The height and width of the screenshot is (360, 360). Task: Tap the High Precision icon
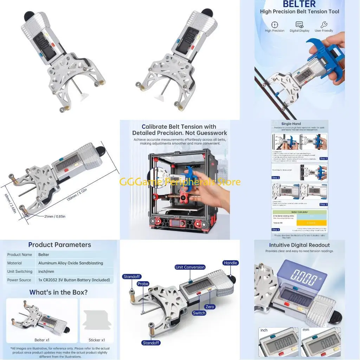275,25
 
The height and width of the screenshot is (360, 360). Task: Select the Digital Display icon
300,25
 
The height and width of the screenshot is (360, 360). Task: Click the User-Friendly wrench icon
324,25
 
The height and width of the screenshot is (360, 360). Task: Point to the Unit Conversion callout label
190,267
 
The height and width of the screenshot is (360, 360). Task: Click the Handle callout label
230,263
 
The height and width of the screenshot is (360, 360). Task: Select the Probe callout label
143,284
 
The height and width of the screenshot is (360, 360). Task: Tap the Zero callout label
210,307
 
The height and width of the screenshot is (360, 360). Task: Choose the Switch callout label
199,313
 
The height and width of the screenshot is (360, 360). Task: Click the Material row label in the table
14,263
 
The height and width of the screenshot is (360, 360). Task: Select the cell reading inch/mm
48,271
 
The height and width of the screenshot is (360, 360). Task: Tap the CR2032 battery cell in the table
74,280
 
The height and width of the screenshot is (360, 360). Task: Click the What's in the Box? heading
58,292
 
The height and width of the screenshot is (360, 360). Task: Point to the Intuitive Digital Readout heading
300,245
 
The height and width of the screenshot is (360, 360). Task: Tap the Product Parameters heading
59,245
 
